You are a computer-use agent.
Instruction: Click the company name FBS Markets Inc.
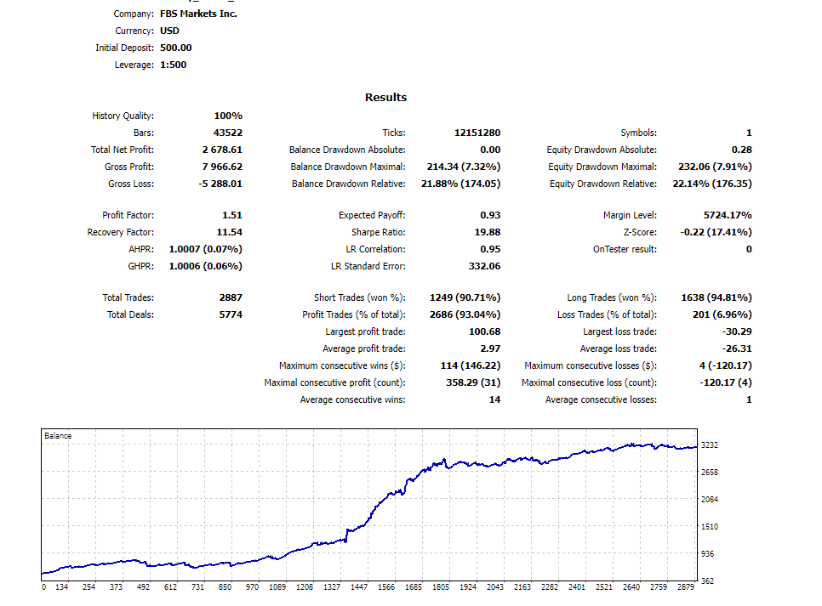198,14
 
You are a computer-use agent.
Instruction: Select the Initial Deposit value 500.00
176,48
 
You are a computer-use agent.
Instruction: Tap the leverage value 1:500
173,65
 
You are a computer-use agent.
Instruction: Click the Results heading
385,97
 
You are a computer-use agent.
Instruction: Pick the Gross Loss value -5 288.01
220,184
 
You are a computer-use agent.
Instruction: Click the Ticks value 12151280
477,133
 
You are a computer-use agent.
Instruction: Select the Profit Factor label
128,216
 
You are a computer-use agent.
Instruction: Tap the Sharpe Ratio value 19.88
485,233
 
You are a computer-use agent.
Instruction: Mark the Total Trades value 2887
231,297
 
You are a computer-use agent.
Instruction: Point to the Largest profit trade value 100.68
484,331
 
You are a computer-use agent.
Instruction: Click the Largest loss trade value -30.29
735,331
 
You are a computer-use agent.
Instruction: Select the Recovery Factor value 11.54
229,233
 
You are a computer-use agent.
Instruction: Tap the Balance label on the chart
58,436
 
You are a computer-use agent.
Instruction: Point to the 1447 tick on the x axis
359,587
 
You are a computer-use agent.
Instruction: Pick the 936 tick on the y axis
706,553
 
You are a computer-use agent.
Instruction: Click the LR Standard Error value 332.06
482,266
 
